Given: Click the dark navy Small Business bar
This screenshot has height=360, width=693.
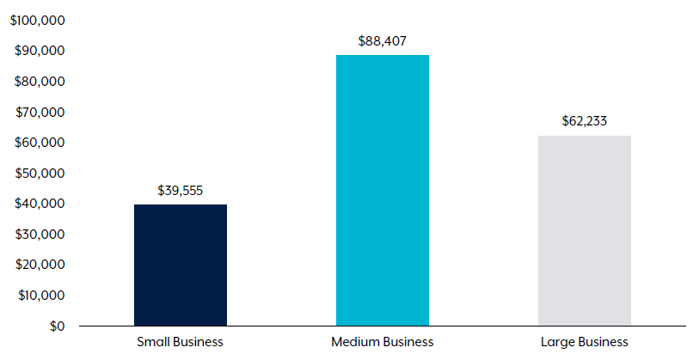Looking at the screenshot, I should (x=181, y=265).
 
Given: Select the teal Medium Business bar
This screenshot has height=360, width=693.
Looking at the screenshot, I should (x=383, y=191).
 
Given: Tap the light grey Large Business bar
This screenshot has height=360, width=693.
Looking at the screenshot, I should (x=585, y=231).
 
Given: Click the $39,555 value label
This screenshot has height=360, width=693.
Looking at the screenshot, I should (x=181, y=191).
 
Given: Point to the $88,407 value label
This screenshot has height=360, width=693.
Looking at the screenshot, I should (x=383, y=40).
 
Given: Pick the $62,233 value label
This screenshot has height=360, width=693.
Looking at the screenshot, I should (x=585, y=121).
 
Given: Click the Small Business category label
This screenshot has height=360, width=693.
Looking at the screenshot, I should (x=181, y=342).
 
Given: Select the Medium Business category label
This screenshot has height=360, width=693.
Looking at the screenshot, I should (x=383, y=342).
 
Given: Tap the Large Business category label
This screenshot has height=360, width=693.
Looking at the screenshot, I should (x=585, y=342).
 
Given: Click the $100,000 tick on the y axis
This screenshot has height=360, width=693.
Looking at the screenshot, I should (x=38, y=20).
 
